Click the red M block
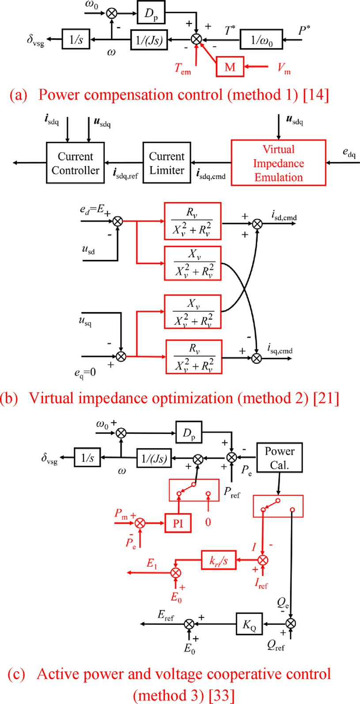point(230,67)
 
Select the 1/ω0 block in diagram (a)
point(261,39)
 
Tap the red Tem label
point(183,68)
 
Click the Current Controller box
point(76,163)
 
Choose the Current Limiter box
point(167,163)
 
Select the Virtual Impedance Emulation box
point(278,163)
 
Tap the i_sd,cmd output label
point(284,216)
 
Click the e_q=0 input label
point(85,373)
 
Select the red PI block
point(178,523)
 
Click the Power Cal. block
point(280,457)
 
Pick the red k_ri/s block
point(219,560)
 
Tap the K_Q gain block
point(250,624)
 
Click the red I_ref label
point(261,583)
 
